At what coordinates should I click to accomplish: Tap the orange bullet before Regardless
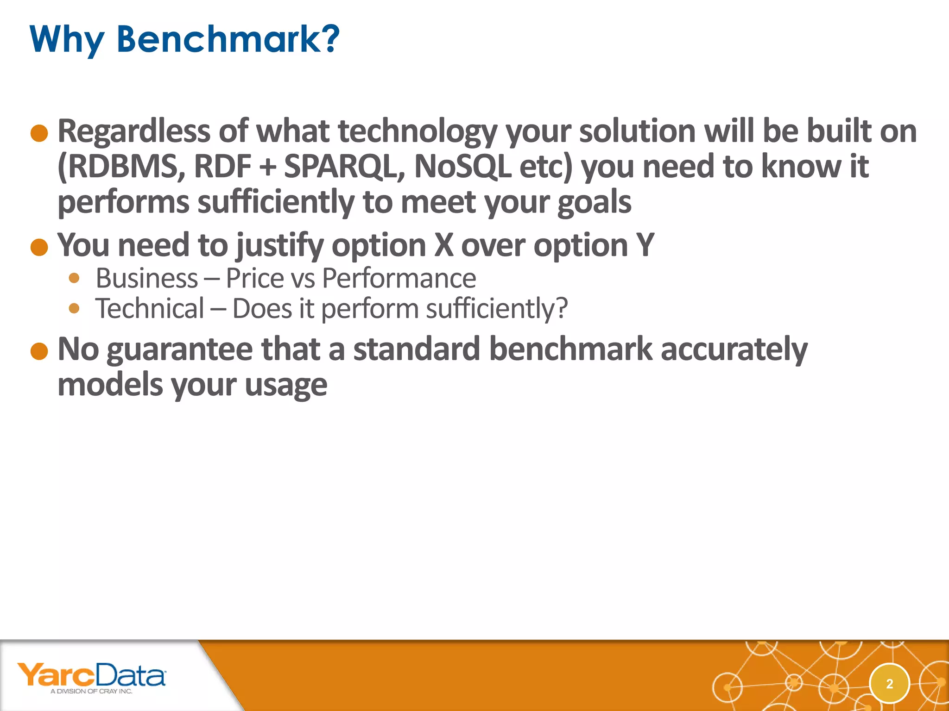tap(39, 133)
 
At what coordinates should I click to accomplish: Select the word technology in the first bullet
tap(418, 132)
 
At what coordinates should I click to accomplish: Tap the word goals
tap(594, 203)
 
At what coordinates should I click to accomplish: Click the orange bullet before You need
tap(39, 247)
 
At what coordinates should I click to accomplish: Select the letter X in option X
tap(443, 245)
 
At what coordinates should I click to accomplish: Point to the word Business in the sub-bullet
tap(147, 279)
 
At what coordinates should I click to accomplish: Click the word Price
tap(254, 279)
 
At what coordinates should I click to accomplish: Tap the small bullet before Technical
tap(74, 308)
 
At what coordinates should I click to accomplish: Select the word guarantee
tap(179, 350)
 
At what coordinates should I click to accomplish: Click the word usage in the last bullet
tap(286, 385)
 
